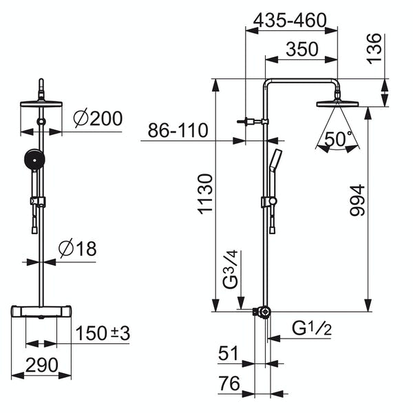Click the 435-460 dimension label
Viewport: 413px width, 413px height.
(x=289, y=21)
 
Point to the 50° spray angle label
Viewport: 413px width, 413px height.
(x=338, y=140)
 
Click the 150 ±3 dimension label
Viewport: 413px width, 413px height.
(x=103, y=333)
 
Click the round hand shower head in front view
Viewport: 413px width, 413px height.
(x=31, y=160)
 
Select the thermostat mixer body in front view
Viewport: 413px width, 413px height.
(x=42, y=313)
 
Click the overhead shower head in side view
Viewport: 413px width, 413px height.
(x=337, y=104)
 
